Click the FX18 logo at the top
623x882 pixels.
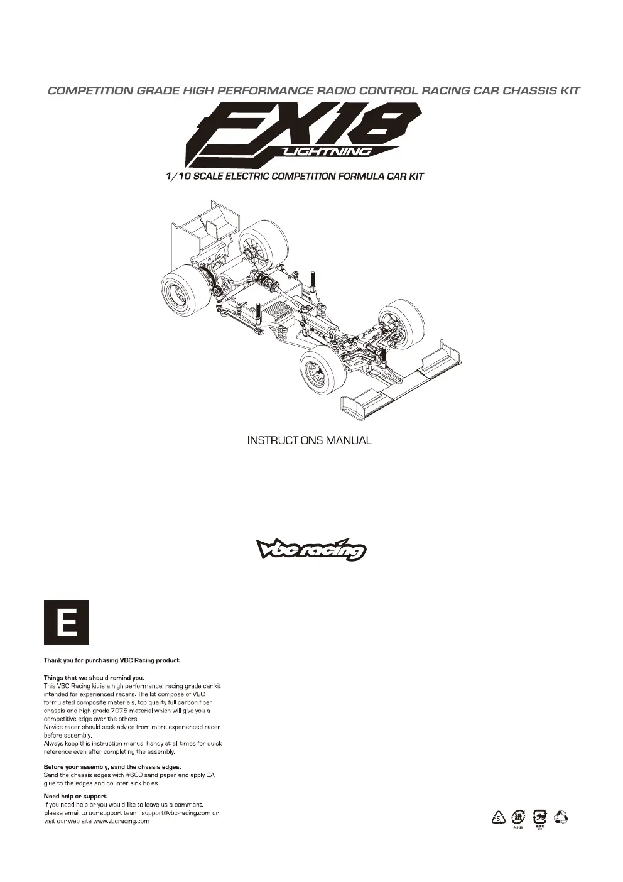click(x=303, y=134)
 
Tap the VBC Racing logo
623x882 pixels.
click(x=311, y=549)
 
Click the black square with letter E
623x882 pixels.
click(x=67, y=623)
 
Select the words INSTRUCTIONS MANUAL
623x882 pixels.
click(x=310, y=440)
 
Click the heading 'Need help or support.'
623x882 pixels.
click(x=75, y=796)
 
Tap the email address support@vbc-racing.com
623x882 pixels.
click(x=176, y=813)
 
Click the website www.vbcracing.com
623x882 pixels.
click(x=121, y=821)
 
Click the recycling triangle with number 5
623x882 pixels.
click(x=498, y=818)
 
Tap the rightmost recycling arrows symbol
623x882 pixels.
click(x=561, y=817)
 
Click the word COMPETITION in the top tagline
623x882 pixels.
click(x=91, y=90)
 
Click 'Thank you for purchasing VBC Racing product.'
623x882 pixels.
click(x=112, y=660)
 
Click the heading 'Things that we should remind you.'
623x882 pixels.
click(x=94, y=678)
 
